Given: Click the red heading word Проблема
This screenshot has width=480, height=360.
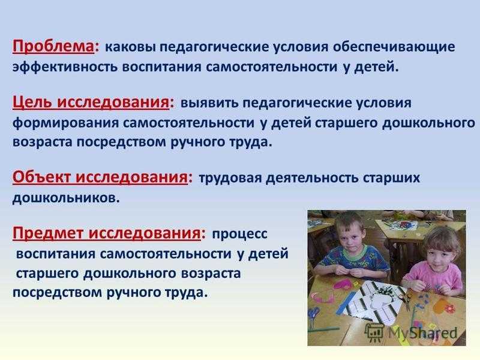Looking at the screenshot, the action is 53,47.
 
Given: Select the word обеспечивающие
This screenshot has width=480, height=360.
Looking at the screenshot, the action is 394,47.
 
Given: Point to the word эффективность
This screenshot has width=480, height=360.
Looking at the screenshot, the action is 65,67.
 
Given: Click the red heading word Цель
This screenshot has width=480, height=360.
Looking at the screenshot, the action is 32,102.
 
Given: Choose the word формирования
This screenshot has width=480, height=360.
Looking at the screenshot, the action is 65,123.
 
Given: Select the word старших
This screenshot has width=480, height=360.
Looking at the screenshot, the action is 391,178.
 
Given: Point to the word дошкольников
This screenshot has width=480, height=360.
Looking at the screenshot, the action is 66,198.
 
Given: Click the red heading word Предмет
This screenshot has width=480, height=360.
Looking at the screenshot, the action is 48,233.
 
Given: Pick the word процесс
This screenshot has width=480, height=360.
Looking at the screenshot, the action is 239,234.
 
